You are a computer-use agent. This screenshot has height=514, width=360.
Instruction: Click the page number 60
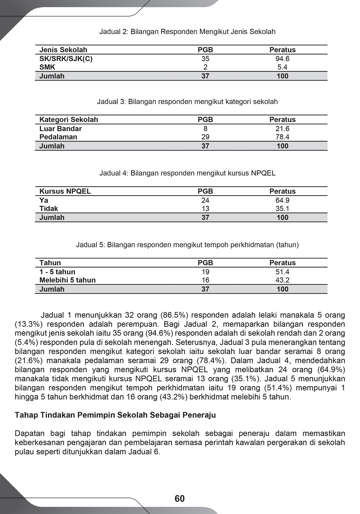pos(179,498)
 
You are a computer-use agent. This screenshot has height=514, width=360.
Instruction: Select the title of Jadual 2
pos(187,32)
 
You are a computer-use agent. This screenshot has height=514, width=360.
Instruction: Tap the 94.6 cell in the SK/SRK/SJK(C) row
pos(282,59)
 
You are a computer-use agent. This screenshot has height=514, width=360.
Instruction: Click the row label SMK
pos(47,67)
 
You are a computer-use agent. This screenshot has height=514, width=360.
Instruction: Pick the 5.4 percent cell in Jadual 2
pos(282,67)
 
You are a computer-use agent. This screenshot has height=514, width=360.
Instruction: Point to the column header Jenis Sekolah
pos(63,50)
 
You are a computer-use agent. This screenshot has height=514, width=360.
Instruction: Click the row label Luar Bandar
pos(61,129)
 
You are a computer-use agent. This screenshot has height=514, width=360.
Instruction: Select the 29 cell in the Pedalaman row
pos(205,137)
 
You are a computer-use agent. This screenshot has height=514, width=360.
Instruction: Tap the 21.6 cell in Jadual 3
pos(282,129)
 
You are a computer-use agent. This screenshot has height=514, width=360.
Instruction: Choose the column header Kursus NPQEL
pos(65,191)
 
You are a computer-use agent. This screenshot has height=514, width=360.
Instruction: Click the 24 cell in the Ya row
pos(205,200)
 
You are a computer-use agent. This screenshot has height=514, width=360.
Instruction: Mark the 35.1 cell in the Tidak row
pos(282,209)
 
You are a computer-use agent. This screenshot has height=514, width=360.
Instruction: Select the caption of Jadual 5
pos(187,245)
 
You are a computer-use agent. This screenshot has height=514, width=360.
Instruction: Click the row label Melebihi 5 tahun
pos(67,280)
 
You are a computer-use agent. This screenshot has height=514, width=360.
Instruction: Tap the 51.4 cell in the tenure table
pos(282,272)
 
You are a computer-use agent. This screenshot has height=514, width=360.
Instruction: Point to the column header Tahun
pos(50,263)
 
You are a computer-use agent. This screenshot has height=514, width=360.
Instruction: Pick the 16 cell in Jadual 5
pos(205,280)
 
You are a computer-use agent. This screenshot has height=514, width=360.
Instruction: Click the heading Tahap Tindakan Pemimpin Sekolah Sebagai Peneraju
pos(115,415)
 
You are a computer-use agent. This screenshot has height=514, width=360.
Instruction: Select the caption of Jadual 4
pos(187,173)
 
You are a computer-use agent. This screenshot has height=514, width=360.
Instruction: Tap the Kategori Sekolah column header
pos(69,120)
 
